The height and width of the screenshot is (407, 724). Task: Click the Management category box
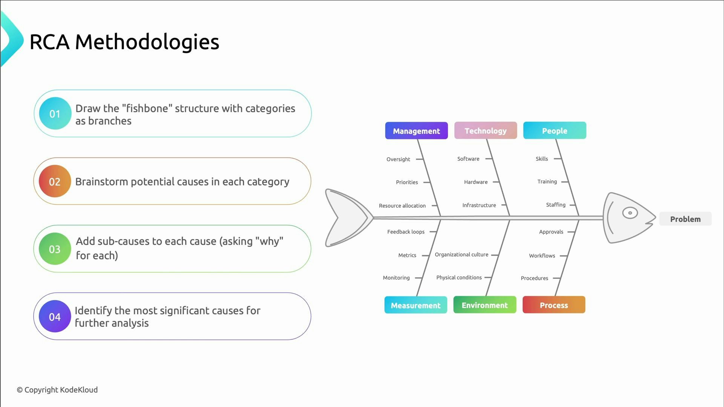pyautogui.click(x=416, y=131)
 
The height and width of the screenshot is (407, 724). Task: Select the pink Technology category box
pyautogui.click(x=485, y=130)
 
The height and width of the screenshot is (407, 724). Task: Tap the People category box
pyautogui.click(x=554, y=130)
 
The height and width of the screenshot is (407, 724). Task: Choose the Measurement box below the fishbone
pyautogui.click(x=416, y=305)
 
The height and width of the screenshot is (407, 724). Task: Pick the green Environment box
pyautogui.click(x=485, y=305)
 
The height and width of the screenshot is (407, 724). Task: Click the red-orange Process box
pyautogui.click(x=554, y=305)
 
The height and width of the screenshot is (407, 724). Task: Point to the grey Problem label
pyautogui.click(x=685, y=219)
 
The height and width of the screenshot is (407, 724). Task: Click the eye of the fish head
pyautogui.click(x=630, y=213)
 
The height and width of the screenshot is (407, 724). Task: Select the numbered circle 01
pyautogui.click(x=55, y=113)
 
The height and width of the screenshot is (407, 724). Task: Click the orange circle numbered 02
pyautogui.click(x=55, y=181)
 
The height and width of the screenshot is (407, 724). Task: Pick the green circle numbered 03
pyautogui.click(x=55, y=249)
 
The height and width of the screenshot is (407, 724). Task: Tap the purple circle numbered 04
pyautogui.click(x=55, y=317)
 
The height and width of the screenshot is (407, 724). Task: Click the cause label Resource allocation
pyautogui.click(x=402, y=206)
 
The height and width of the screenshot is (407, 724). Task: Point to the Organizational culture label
pyautogui.click(x=461, y=255)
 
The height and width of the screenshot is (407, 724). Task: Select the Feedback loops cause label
pyautogui.click(x=406, y=232)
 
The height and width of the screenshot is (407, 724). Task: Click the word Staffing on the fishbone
pyautogui.click(x=555, y=205)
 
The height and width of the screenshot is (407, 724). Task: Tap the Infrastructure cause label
pyautogui.click(x=479, y=205)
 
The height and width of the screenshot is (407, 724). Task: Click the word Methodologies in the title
pyautogui.click(x=147, y=42)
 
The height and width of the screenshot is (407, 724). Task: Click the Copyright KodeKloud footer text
pyautogui.click(x=57, y=390)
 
